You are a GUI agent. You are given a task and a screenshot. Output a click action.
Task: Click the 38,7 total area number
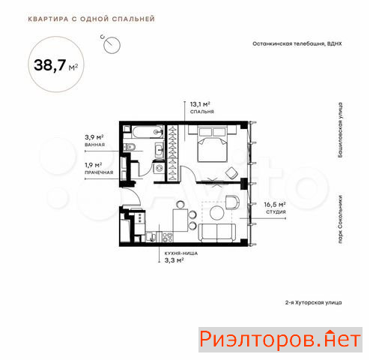click(49, 65)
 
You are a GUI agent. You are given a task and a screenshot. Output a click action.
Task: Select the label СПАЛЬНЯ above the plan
click(202, 112)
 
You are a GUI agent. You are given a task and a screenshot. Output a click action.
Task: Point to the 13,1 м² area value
click(200, 104)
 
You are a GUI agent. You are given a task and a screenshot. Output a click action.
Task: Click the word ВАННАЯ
click(94, 145)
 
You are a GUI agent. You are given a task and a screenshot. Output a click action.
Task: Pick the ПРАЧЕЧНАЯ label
click(99, 172)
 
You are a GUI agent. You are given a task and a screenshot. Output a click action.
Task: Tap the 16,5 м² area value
click(275, 205)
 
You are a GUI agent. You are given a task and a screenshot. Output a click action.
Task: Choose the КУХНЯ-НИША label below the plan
click(181, 253)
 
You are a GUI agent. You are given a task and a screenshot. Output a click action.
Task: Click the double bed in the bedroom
click(213, 144)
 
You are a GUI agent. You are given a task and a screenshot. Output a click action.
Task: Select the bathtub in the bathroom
click(147, 132)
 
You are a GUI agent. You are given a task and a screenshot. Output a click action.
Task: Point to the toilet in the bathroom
click(130, 147)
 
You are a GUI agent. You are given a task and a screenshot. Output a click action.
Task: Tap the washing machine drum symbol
click(159, 169)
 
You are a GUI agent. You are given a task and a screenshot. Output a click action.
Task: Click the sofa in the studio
click(217, 232)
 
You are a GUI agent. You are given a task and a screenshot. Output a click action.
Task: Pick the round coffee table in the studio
click(217, 213)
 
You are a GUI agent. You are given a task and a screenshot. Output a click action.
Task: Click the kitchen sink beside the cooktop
click(151, 237)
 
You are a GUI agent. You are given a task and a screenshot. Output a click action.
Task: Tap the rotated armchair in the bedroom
click(231, 172)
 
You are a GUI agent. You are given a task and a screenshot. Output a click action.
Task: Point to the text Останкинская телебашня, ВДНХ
click(297, 43)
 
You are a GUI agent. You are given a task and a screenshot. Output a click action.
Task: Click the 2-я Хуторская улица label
click(314, 302)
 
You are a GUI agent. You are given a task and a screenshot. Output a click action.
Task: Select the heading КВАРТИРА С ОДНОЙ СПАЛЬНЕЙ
click(91, 19)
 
